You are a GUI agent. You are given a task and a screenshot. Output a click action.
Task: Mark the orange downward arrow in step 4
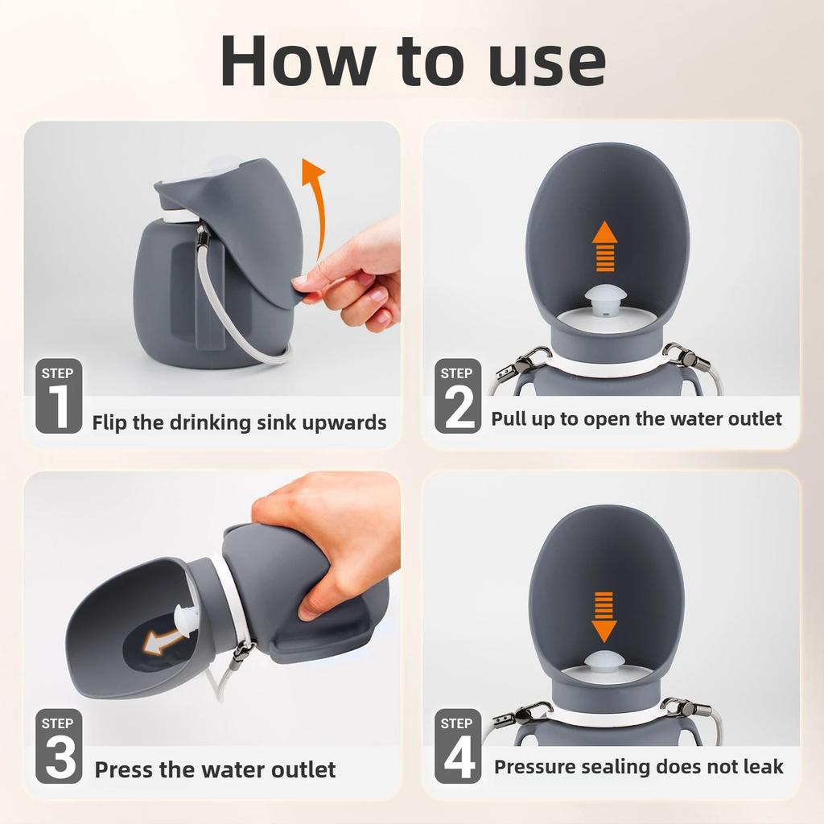(x=604, y=616)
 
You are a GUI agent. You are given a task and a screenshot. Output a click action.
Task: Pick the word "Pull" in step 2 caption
(x=509, y=418)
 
